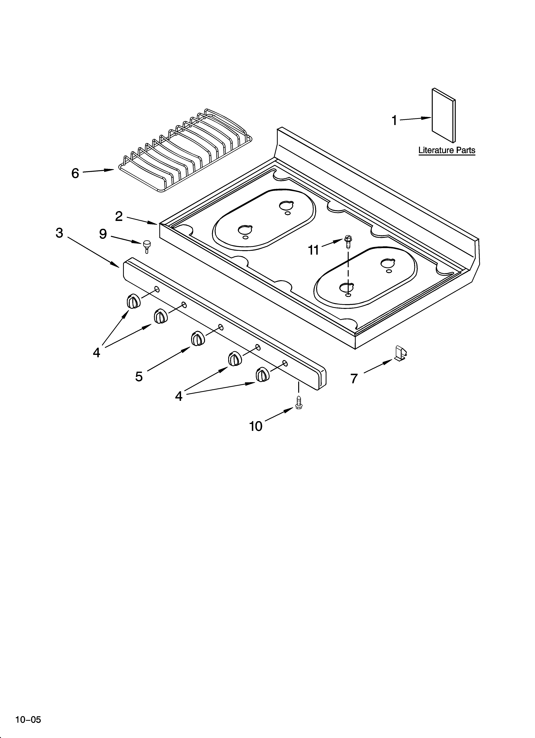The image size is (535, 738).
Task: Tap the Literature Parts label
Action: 447,150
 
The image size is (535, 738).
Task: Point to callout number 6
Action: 75,173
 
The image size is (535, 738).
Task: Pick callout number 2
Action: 119,216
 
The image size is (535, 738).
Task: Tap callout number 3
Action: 59,233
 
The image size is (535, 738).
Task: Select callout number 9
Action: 103,234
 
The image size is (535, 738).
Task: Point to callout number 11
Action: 313,250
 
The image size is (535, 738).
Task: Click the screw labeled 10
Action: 299,403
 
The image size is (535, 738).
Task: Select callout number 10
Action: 256,426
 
